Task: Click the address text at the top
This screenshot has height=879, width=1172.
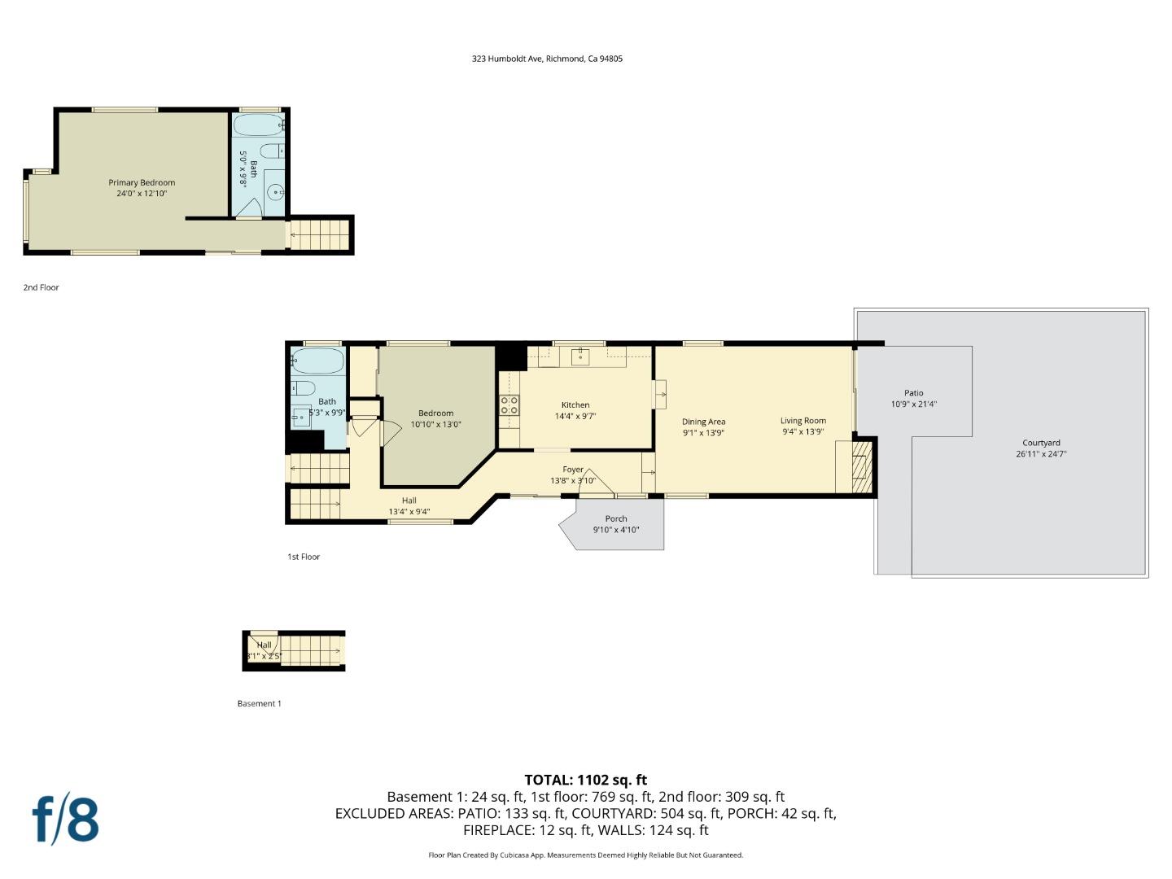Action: click(x=547, y=59)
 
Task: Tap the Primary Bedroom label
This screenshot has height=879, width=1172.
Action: click(x=142, y=182)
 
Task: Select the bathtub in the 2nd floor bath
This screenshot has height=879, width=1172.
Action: click(x=259, y=125)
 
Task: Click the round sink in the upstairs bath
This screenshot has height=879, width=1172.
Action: click(x=276, y=191)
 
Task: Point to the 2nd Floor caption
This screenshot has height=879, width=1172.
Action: click(x=42, y=287)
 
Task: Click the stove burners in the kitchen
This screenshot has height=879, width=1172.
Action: click(x=509, y=405)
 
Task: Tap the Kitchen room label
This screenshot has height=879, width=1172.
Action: click(x=575, y=405)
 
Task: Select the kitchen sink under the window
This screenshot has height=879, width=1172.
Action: click(x=579, y=356)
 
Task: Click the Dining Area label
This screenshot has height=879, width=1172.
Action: click(x=703, y=422)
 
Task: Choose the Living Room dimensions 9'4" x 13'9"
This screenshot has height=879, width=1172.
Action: click(x=803, y=431)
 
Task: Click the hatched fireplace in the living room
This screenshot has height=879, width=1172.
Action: click(x=861, y=467)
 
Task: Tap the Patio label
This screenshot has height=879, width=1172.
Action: click(x=913, y=393)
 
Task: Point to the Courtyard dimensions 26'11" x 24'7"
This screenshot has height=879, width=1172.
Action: click(x=1041, y=454)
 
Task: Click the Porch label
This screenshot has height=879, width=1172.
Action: click(x=615, y=518)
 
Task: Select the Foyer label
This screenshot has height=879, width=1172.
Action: click(x=572, y=470)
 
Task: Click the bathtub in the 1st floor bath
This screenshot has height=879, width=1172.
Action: click(x=318, y=361)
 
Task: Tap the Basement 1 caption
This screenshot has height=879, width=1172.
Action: click(x=259, y=703)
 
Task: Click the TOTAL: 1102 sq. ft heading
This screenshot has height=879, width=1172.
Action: click(x=586, y=780)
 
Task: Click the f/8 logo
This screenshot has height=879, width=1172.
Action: click(x=66, y=820)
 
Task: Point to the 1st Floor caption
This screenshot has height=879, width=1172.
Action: click(x=304, y=557)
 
